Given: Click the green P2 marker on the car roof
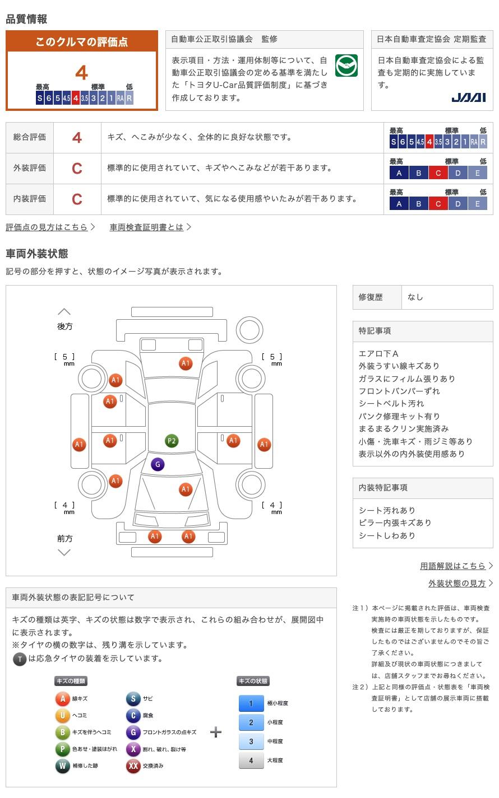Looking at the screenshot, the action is [x=172, y=441].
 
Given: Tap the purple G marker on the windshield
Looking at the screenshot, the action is [x=158, y=464].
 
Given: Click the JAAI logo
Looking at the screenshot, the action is [x=468, y=97].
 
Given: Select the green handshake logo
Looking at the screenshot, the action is [x=346, y=66].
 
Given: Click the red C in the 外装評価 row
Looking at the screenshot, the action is [x=77, y=169].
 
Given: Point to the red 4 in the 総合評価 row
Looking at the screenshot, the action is [x=77, y=138].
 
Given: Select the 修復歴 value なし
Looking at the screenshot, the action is [x=415, y=297].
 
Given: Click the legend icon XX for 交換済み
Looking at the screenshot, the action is [x=133, y=766].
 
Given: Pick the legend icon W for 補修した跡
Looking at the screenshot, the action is [x=62, y=766].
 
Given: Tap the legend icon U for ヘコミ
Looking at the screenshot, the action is [x=62, y=715].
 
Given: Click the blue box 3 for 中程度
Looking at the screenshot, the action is [x=251, y=741].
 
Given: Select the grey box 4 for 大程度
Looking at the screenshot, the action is [x=251, y=760].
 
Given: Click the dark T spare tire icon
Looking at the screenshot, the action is [x=20, y=659].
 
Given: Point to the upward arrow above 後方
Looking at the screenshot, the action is [x=64, y=311].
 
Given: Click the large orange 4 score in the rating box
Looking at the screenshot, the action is [x=82, y=73].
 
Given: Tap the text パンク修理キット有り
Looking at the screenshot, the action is [x=399, y=416].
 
